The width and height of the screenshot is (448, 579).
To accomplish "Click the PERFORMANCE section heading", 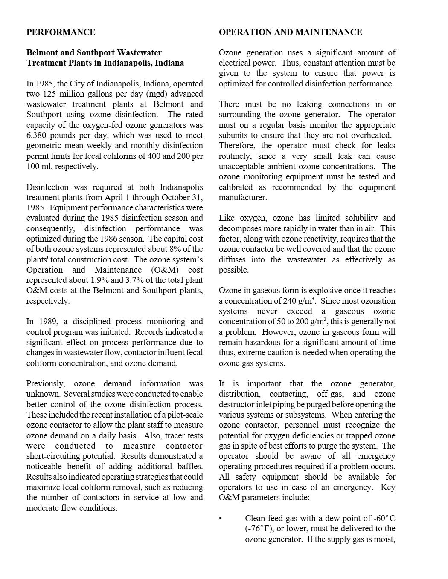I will (x=61, y=32).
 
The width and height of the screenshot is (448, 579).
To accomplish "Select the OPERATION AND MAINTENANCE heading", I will (x=290, y=32).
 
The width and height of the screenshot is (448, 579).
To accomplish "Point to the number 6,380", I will (x=39, y=135).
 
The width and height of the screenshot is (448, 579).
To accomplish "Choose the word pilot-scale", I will (x=181, y=415).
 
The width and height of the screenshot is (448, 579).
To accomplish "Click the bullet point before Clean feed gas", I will (x=220, y=518).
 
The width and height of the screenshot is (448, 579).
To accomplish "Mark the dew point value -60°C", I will (x=384, y=518).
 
